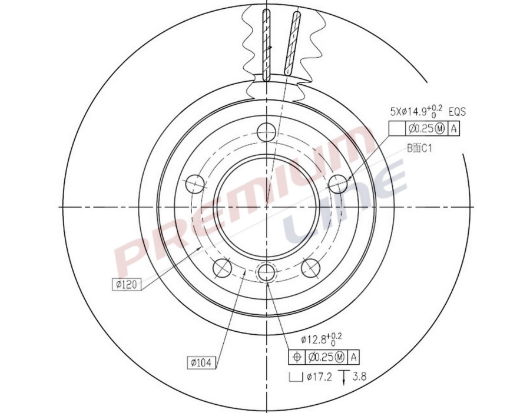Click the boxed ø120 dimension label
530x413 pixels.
point(126,285)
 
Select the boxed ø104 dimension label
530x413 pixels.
point(200,363)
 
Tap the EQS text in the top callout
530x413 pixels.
point(458,111)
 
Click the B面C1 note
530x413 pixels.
point(419,149)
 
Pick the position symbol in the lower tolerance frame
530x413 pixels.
point(296,357)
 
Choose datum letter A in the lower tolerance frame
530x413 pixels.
point(353,357)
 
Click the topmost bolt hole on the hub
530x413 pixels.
point(267,131)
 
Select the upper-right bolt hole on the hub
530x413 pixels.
point(337,184)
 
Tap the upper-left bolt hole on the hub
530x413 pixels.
point(194,185)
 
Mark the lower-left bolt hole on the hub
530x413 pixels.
point(222,268)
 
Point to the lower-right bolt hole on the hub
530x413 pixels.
point(310,268)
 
